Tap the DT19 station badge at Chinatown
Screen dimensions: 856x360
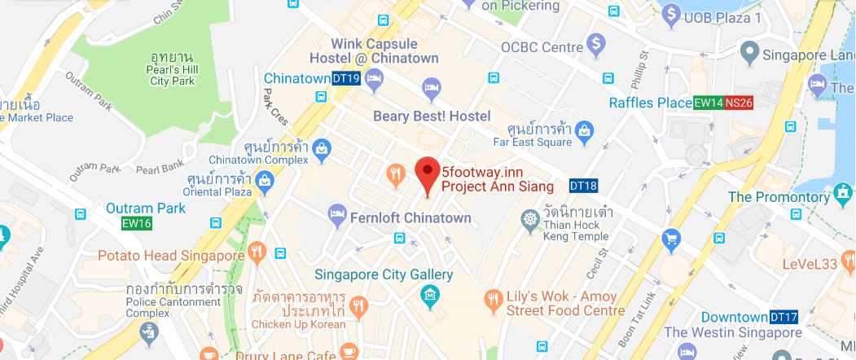tap(346, 78)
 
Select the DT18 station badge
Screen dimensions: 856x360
tap(582, 186)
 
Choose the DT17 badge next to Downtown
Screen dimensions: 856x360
tap(784, 316)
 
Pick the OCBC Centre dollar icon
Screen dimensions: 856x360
tap(597, 42)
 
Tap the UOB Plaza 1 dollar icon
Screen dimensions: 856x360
tap(671, 13)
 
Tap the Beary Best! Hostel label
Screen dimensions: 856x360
tap(432, 116)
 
